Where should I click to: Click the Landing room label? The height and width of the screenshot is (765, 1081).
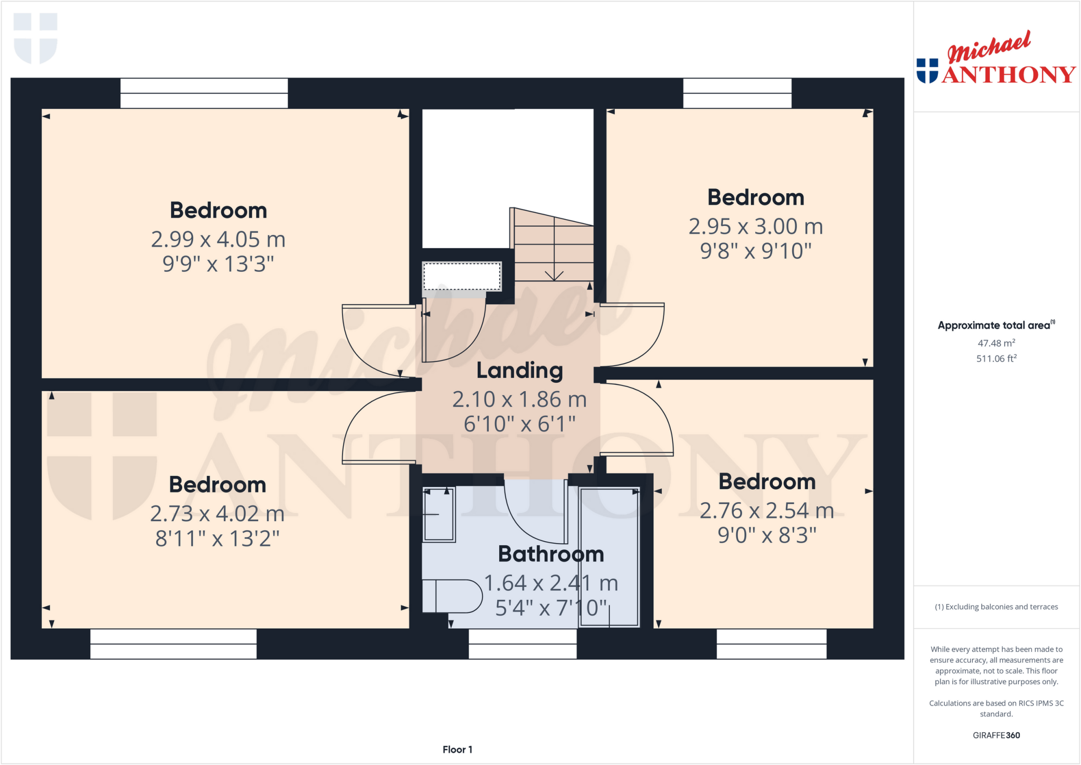click(x=519, y=371)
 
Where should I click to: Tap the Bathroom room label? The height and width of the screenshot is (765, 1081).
click(x=551, y=554)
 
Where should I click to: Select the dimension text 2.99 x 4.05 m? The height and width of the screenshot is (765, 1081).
click(x=218, y=239)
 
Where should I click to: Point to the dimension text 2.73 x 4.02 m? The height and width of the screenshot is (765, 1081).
click(x=217, y=513)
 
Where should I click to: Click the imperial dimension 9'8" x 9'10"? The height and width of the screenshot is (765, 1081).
click(x=755, y=251)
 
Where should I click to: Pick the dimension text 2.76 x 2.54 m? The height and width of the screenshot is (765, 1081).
click(x=766, y=511)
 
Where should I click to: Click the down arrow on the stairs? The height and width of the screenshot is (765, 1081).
click(x=554, y=275)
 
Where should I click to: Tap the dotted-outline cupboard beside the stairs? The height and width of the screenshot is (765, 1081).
click(x=462, y=276)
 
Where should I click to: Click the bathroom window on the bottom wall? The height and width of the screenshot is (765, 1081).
click(x=523, y=644)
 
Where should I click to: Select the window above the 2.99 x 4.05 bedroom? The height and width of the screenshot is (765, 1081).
click(x=204, y=93)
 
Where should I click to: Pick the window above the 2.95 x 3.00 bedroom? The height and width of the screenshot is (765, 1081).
click(x=737, y=93)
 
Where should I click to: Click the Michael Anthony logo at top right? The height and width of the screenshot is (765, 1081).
click(x=995, y=59)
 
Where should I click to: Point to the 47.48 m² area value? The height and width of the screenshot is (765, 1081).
click(x=996, y=343)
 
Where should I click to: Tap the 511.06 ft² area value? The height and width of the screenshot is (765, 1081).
click(x=996, y=358)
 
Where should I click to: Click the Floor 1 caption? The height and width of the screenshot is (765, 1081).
click(x=457, y=749)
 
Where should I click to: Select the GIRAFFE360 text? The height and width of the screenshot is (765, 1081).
click(x=996, y=735)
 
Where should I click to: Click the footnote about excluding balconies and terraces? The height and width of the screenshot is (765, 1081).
click(x=996, y=607)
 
